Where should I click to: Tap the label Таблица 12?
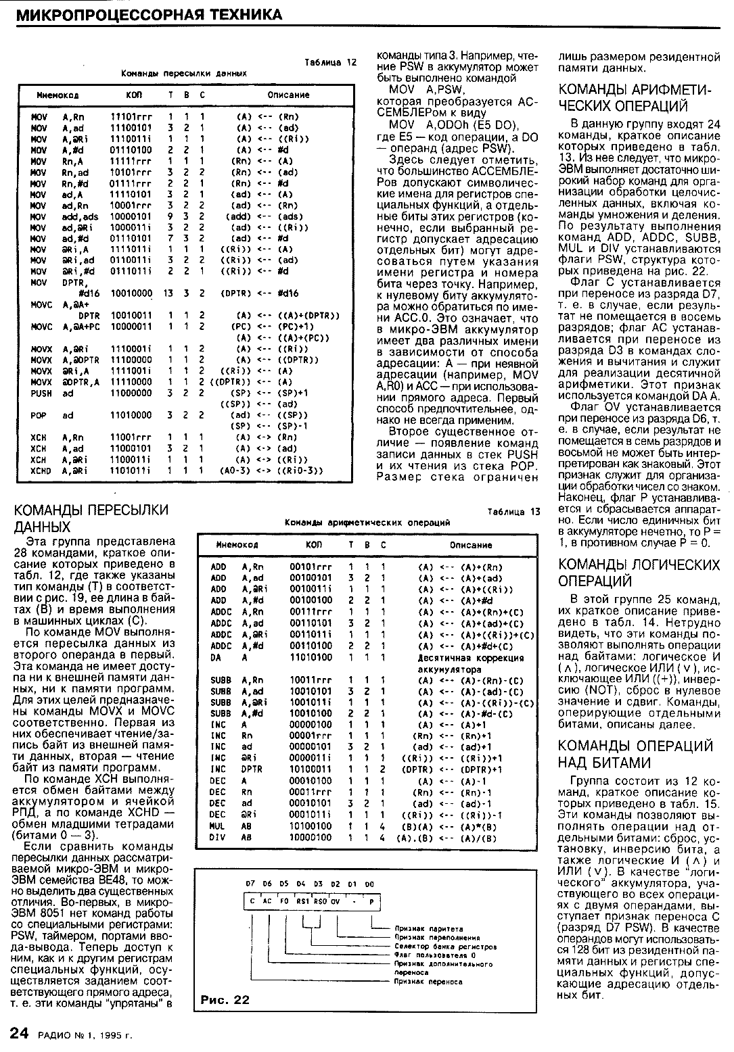point(330,62)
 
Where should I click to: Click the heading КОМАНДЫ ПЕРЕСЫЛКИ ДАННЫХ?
point(91,518)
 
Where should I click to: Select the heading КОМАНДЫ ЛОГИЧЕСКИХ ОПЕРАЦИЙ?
point(639,573)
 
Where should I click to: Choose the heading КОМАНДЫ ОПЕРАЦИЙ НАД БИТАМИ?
point(636,754)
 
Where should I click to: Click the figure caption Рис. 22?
point(225,1000)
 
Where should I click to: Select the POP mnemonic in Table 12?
point(39,415)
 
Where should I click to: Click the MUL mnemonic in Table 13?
point(218,826)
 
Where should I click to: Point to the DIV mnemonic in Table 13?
point(218,837)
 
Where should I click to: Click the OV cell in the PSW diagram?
point(335,901)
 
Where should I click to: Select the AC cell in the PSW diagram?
point(267,901)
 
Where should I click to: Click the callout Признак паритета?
point(420,929)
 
